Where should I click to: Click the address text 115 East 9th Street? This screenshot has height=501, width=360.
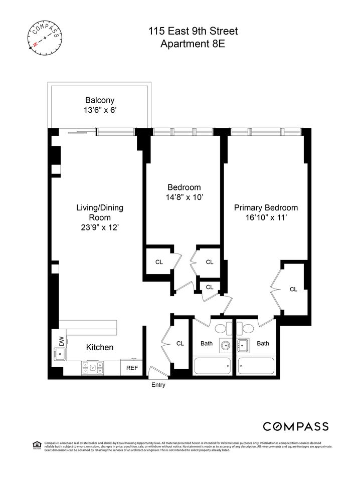point(193,32)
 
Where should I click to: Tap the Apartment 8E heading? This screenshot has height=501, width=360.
point(193,44)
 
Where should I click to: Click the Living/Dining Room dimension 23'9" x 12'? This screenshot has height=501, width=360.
point(99,227)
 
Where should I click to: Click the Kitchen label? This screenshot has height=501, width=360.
point(99,347)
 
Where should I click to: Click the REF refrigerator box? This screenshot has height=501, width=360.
point(132,368)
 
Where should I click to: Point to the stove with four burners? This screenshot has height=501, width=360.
point(92,368)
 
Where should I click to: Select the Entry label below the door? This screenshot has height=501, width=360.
point(158,385)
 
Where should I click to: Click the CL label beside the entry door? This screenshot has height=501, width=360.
point(180,343)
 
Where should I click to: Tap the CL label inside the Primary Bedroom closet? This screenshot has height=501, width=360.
point(293,289)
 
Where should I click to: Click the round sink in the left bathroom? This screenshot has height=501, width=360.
point(225,345)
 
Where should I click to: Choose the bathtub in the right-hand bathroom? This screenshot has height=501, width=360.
point(256,366)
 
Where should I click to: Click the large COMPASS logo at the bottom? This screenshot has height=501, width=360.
point(296,426)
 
